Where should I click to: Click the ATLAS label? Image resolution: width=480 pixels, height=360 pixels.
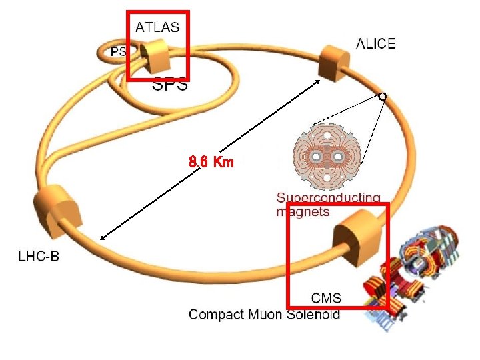pos(157,27)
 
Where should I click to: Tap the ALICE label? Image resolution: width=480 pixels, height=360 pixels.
pos(375,44)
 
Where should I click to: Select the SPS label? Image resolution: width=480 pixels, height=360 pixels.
pos(170,85)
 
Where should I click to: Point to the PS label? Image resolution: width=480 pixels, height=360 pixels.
pos(118,52)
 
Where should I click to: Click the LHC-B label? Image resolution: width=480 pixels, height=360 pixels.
pos(37,255)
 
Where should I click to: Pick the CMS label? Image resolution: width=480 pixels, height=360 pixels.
pos(327,299)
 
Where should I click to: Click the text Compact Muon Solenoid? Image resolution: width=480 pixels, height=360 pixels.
pos(264,314)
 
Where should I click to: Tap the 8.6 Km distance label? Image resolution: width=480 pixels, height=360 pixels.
pos(211,162)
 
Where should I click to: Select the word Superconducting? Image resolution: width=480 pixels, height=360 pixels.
pos(329,199)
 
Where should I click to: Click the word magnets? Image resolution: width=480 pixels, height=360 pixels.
pos(303,212)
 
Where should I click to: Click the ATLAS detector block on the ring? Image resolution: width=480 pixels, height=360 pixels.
pos(157,55)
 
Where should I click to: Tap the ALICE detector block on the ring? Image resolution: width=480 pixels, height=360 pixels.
pos(333,62)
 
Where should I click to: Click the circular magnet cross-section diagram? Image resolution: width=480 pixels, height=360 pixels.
pos(327,157)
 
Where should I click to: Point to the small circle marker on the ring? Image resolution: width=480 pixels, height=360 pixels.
pos(381,96)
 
